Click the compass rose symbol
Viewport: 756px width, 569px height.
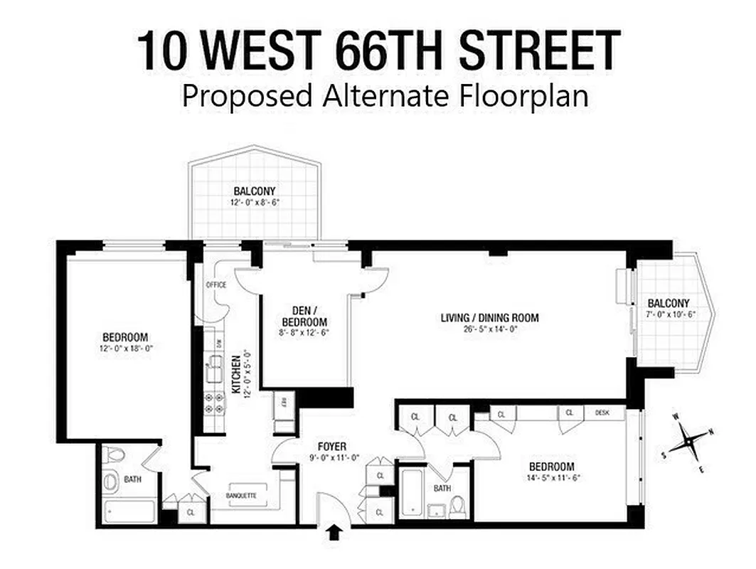pos(688,440)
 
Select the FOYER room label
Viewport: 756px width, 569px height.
pos(331,447)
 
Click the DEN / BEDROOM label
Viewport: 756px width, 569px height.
pos(304,317)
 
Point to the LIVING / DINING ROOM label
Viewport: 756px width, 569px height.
pos(490,318)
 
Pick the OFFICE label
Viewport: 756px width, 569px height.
pos(215,284)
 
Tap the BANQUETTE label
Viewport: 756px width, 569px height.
pos(240,495)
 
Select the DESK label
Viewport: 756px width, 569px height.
pos(602,413)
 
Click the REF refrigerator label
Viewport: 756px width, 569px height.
pos(283,400)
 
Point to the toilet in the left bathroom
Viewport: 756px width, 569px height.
pos(114,456)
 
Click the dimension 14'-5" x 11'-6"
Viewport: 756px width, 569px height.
pos(555,478)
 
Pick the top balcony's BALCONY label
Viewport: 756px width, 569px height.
pos(254,191)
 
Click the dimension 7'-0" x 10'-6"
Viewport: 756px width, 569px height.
pos(670,314)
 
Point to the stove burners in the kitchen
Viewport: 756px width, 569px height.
pos(211,405)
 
